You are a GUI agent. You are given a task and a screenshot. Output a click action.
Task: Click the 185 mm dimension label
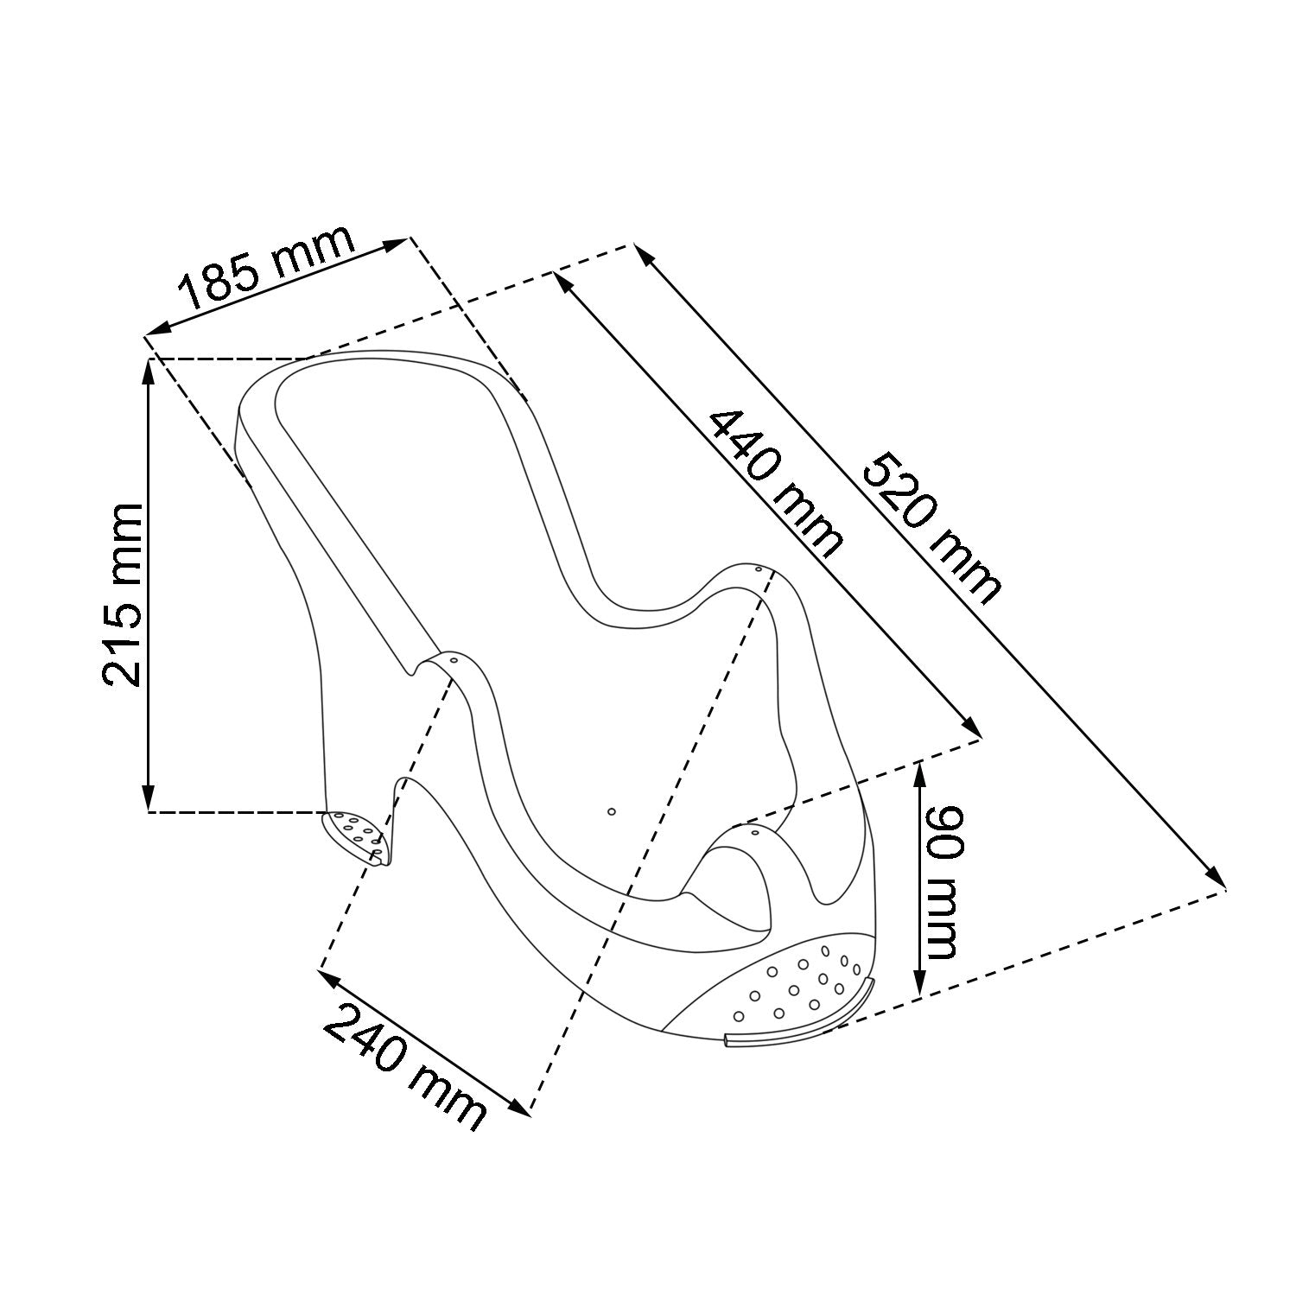click(x=267, y=268)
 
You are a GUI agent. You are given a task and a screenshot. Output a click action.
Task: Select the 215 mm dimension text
click(x=122, y=594)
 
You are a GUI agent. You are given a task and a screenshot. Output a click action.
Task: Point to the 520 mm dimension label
click(x=932, y=527)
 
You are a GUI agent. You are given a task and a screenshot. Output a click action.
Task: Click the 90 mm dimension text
click(x=939, y=882)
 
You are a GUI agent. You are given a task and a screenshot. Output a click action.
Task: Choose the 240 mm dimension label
click(x=404, y=1067)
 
